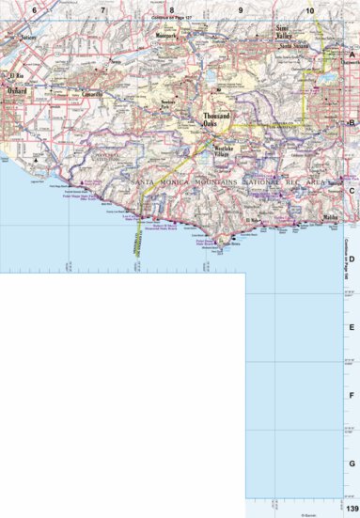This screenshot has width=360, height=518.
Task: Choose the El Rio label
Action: [16, 74]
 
